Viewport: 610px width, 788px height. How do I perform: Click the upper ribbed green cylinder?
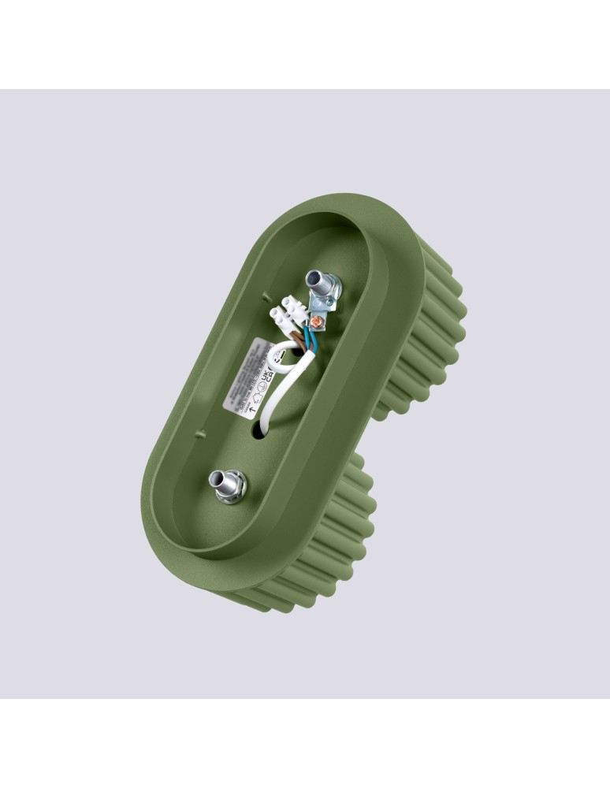pos(433,331)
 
